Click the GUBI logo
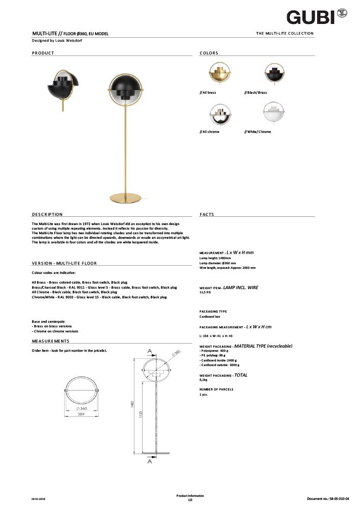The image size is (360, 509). [x=311, y=17]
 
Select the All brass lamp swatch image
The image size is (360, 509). [x=220, y=74]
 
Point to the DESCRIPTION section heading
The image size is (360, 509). [x=47, y=215]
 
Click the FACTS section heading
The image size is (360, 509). [x=207, y=215]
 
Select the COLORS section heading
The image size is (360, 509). [x=209, y=53]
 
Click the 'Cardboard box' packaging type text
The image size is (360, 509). [x=210, y=317]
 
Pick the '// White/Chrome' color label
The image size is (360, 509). [x=258, y=132]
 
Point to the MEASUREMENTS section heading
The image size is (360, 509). [x=50, y=341]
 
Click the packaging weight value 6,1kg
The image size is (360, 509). [x=203, y=380]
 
